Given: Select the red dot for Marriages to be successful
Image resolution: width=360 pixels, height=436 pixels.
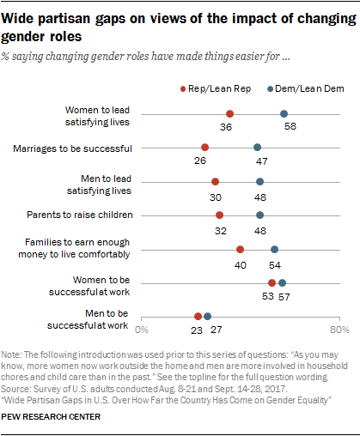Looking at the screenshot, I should pos(205,148).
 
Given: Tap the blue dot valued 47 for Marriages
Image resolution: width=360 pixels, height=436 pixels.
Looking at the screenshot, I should pos(258,148).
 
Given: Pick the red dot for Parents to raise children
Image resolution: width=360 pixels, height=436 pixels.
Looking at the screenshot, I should pos(220,215).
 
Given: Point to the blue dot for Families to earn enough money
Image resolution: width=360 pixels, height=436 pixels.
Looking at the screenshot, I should pos(275,250).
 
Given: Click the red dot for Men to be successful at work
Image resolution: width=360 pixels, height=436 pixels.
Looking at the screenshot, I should pos(198,317).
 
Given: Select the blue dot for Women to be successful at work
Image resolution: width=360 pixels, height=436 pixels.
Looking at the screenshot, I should pos(283,283).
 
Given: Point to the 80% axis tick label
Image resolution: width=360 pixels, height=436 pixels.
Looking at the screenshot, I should pos(340,329).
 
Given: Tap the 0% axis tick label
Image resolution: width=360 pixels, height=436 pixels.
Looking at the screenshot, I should pos(143,329).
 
